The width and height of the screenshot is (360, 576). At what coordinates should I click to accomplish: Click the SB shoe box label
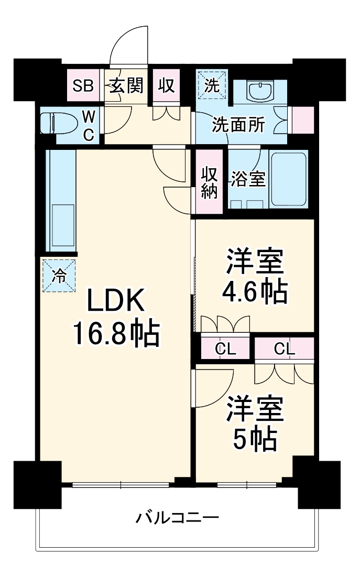(83, 85)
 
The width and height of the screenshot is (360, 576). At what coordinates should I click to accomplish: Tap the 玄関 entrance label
(126, 85)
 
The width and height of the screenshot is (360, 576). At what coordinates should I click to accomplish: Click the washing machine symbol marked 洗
(212, 84)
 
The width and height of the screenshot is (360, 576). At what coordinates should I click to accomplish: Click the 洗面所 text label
(238, 125)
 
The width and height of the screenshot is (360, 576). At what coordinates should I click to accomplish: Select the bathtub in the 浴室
(288, 180)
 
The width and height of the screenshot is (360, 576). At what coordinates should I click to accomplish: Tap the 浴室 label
(248, 179)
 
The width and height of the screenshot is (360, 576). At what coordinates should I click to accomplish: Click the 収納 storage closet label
(210, 183)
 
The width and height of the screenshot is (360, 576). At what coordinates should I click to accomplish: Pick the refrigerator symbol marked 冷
(59, 276)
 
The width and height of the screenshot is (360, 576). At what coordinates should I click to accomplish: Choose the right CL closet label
(284, 349)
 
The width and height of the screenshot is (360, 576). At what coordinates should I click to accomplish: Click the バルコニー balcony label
(178, 519)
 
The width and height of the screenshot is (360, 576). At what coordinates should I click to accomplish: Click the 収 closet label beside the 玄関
(166, 85)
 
